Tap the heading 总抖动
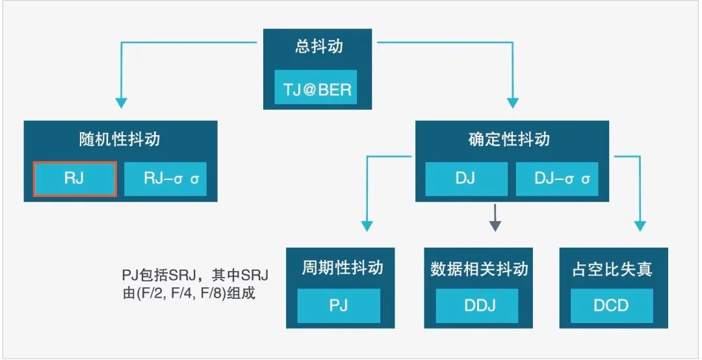pos(318,47)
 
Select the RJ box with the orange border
pos(75,179)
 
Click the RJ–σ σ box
pos(165,179)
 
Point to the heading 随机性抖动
pos(120,139)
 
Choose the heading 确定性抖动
pos(509,139)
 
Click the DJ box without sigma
pos(467,179)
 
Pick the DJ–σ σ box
pos(557,179)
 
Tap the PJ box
pos(339,306)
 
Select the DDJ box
pos(477,306)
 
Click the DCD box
pos(612,306)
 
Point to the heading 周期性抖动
pos(342,268)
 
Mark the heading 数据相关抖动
pos(479,268)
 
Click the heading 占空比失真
pos(612,268)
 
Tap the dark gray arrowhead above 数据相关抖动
pos(495,225)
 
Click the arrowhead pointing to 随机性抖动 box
pos(121,103)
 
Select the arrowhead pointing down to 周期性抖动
pos(367,225)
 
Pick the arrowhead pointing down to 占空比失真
pos(640,225)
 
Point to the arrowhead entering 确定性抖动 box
pos(513,103)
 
